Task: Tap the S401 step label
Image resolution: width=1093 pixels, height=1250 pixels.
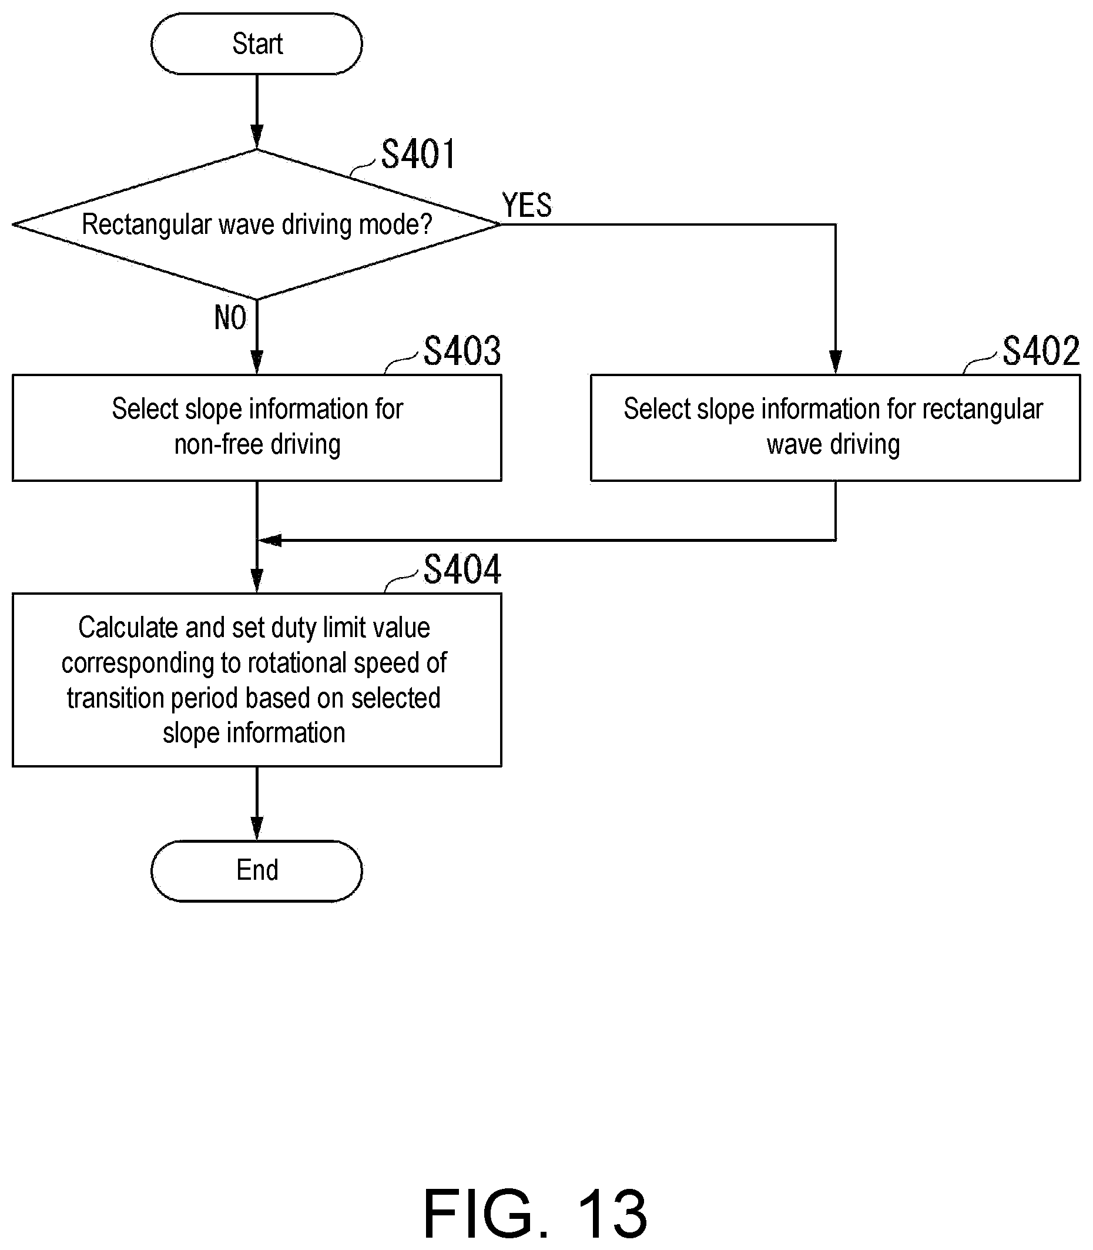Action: pos(418,154)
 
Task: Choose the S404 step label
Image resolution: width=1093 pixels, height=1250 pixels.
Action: pos(462,569)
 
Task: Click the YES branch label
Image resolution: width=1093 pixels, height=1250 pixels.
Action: pos(527,205)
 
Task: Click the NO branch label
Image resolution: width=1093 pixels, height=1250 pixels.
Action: pos(230,317)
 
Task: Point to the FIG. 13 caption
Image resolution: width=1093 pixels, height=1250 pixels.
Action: pos(535,1214)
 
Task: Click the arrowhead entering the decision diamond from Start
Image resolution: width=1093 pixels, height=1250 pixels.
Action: pos(257,138)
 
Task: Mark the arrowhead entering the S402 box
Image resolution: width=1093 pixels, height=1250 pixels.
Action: pos(836,363)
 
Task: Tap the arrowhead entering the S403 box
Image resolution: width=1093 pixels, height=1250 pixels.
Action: pos(257,363)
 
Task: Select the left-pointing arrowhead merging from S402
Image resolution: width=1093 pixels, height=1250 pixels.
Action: pos(270,540)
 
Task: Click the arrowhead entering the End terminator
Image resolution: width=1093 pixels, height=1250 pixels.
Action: pos(257,829)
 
